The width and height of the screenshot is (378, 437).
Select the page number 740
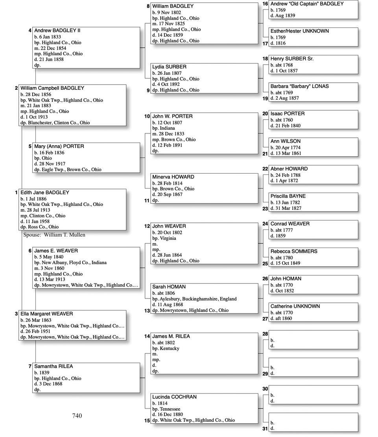pyautogui.click(x=77, y=416)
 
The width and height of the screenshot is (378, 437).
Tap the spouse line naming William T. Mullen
pyautogui.click(x=54, y=235)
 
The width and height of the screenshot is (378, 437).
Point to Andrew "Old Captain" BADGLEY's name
pyautogui.click(x=307, y=4)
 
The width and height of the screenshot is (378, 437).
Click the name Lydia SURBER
pyautogui.click(x=169, y=67)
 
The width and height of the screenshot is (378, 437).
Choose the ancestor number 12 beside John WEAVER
pyautogui.click(x=147, y=226)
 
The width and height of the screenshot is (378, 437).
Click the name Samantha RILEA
pyautogui.click(x=53, y=366)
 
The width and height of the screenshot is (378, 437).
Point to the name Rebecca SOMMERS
pyautogui.click(x=294, y=251)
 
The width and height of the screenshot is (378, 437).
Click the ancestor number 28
pyautogui.click(x=265, y=334)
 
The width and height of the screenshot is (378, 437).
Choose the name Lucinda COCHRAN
pyautogui.click(x=174, y=397)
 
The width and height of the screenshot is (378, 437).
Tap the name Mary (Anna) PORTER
pyautogui.click(x=59, y=146)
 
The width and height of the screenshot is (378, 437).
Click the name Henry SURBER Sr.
pyautogui.click(x=292, y=59)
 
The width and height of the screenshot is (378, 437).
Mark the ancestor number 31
pyautogui.click(x=265, y=428)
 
